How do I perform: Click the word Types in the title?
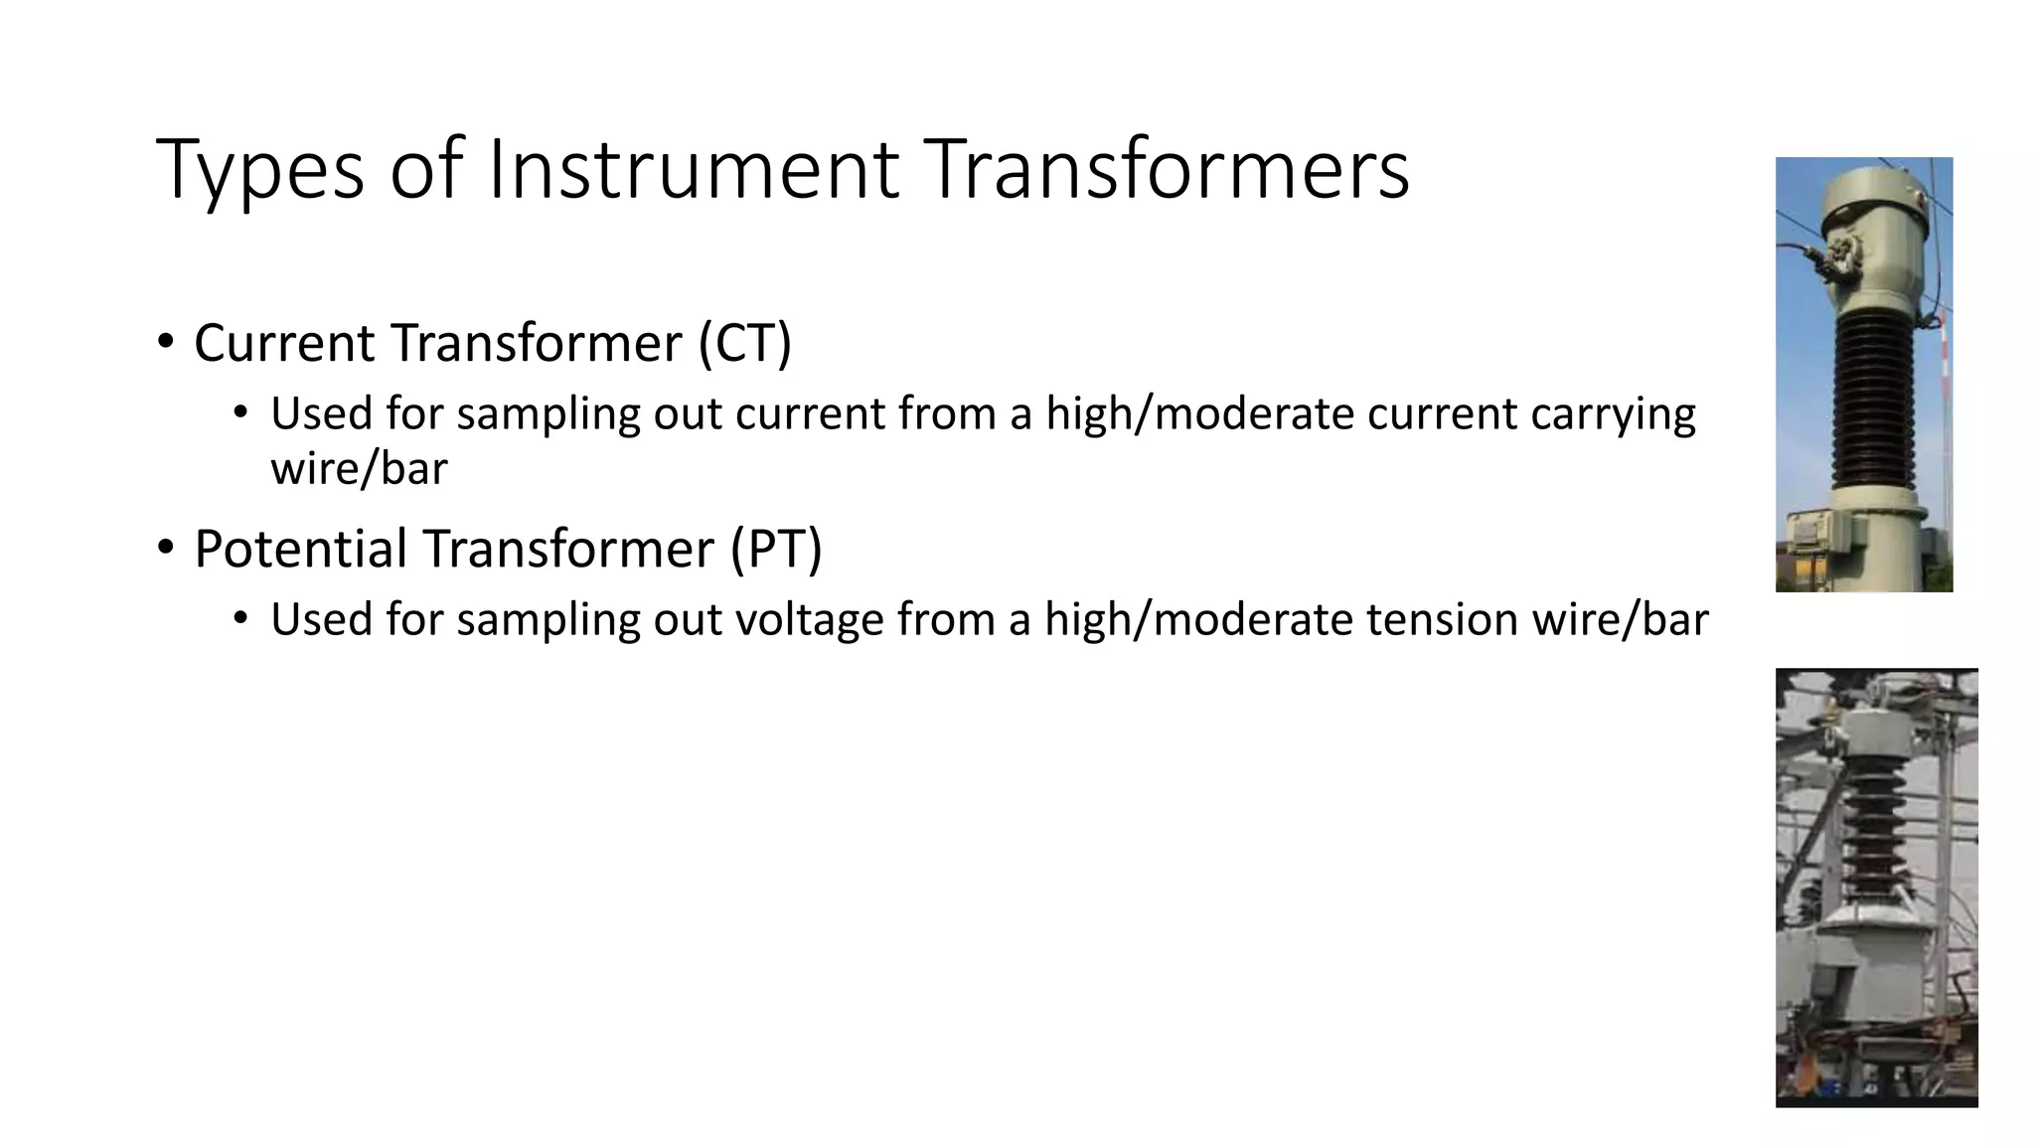click(x=259, y=171)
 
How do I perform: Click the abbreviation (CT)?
click(x=744, y=343)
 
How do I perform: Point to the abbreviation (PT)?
click(x=775, y=549)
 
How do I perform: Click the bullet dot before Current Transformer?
click(x=165, y=341)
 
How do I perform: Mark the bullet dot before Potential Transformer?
click(x=165, y=547)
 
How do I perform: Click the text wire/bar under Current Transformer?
click(x=359, y=468)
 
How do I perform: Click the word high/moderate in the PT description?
click(x=1198, y=620)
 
